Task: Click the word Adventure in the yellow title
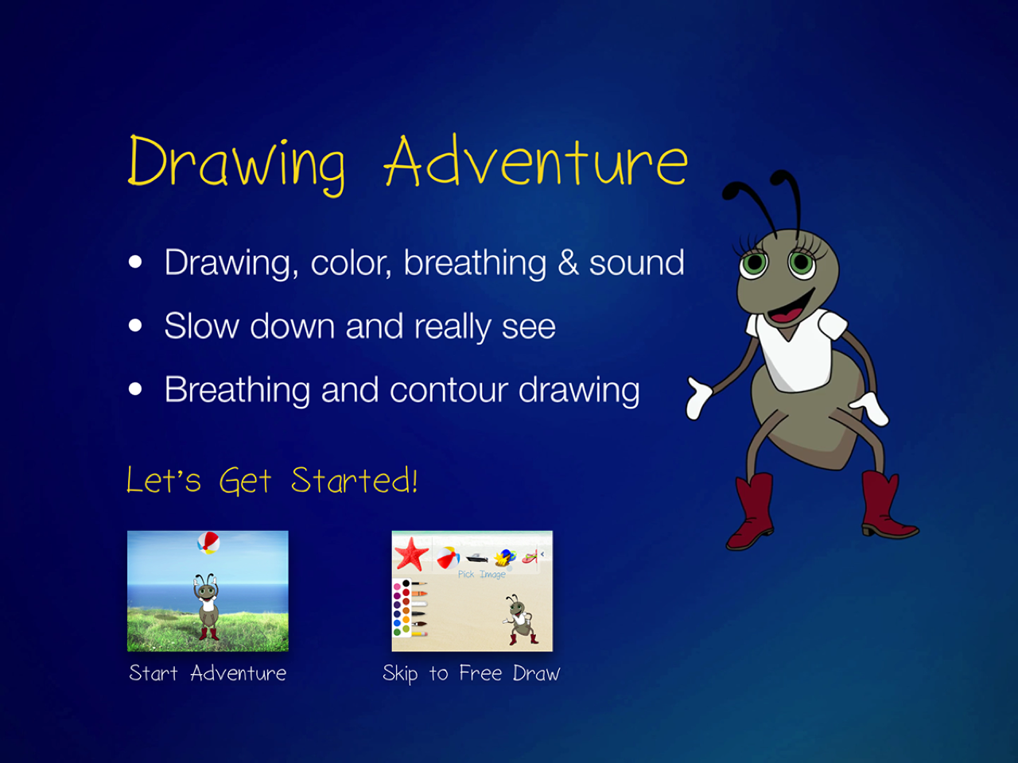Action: [536, 161]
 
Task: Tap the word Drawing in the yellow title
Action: [236, 165]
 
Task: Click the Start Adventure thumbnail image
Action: [208, 591]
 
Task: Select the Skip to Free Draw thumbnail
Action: [472, 591]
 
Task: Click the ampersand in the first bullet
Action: [568, 262]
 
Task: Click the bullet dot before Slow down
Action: [135, 325]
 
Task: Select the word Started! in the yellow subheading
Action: [355, 480]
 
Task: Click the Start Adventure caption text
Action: [208, 673]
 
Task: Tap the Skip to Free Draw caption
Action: [472, 674]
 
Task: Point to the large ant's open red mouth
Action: [790, 308]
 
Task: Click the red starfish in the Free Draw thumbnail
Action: [411, 554]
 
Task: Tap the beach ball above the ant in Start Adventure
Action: [208, 543]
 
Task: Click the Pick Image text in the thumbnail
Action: [481, 575]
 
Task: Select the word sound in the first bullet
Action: [637, 262]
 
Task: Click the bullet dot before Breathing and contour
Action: [135, 389]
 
